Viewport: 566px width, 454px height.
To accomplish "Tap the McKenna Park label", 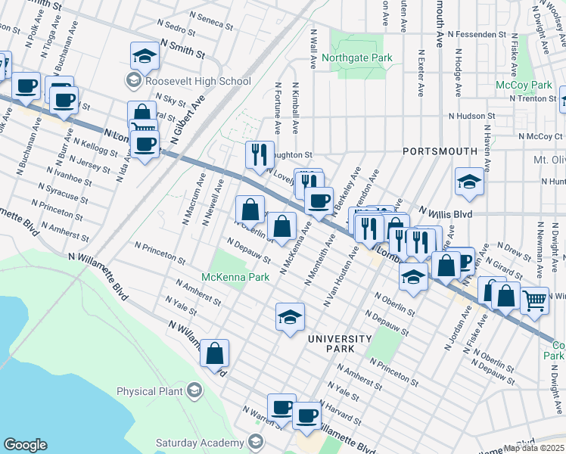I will pos(237,278).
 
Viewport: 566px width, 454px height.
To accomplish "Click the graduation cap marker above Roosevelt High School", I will pos(143,55).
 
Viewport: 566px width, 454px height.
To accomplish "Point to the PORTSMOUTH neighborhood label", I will pos(440,151).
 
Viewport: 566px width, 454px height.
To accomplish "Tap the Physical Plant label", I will pos(150,391).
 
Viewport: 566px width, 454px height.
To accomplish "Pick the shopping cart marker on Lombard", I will pos(535,300).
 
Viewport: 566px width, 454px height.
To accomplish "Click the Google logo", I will pos(25,445).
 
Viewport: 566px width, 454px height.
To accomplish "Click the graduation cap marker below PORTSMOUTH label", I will pos(468,182).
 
